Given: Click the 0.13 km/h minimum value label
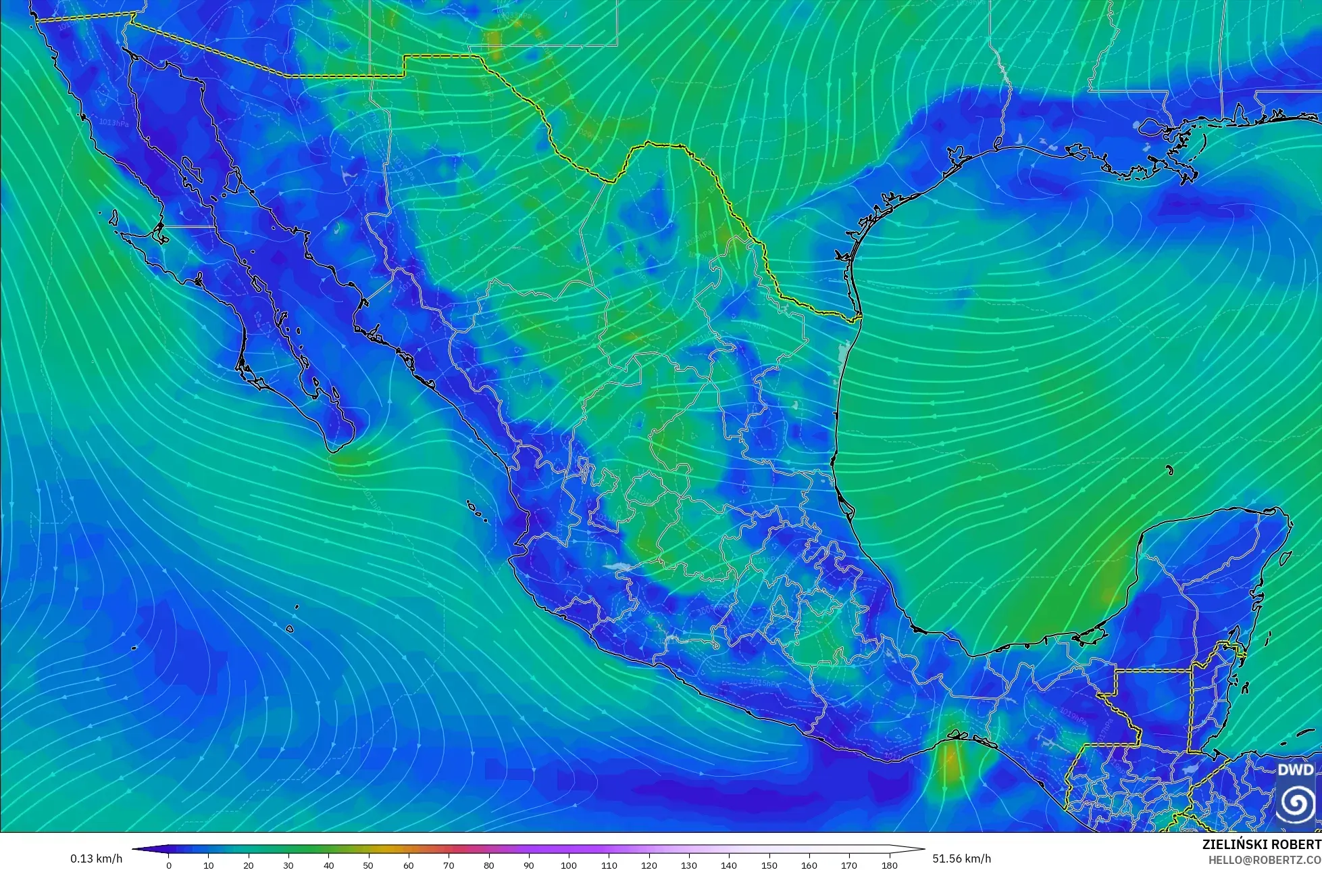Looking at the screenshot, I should [x=96, y=859].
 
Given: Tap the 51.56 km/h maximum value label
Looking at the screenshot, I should [x=961, y=859].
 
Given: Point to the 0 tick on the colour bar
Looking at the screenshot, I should [x=169, y=865].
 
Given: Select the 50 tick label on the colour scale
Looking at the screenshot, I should [x=369, y=865].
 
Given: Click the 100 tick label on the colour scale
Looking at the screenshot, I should [x=569, y=865].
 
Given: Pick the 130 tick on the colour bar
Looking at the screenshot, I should [x=689, y=865].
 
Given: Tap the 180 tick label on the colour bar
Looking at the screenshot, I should [x=889, y=865].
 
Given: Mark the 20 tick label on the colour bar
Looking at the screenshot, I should [x=249, y=865].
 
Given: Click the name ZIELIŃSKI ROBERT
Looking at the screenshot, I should [x=1261, y=844].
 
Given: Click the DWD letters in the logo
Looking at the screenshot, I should [x=1296, y=770].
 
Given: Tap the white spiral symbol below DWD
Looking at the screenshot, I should [x=1296, y=802].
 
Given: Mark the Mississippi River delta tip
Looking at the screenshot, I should [x=1192, y=177].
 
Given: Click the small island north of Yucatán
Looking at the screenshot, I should [x=1169, y=470].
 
